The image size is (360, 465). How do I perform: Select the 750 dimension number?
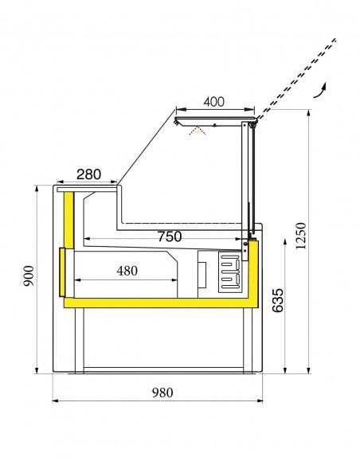[168, 236]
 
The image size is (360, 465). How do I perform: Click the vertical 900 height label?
[29, 273]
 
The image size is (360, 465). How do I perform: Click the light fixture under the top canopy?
[197, 129]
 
